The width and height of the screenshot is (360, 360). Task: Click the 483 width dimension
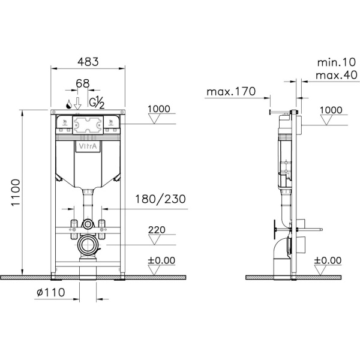pos(88,62)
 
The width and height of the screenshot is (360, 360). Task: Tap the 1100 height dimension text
pos(16,193)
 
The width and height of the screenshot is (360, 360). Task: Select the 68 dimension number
pos(83,83)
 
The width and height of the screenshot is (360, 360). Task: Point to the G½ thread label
pos(97,102)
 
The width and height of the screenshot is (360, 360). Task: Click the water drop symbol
pos(69,104)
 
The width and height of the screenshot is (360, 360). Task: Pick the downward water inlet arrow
pos(77,104)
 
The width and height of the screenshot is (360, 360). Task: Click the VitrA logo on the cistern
pos(88,146)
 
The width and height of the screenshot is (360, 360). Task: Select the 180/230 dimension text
pos(160,199)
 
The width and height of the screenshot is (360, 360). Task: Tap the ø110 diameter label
pos(51,292)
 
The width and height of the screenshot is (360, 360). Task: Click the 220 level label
pos(157,230)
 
